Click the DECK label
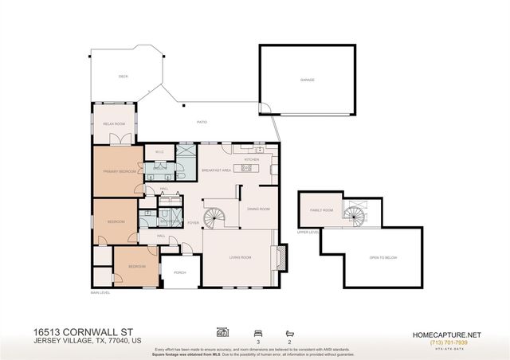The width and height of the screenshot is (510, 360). click(x=124, y=76)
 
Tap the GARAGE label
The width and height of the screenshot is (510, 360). click(x=307, y=80)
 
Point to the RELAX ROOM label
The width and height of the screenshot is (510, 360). click(x=114, y=124)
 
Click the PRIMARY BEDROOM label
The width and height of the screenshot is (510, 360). click(x=118, y=171)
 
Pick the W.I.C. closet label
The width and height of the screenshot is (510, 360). click(x=159, y=151)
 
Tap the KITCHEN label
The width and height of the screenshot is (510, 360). click(x=252, y=159)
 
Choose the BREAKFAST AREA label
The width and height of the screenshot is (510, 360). click(x=216, y=170)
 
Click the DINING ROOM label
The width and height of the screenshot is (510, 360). click(x=259, y=209)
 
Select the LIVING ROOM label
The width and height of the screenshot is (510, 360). click(x=240, y=257)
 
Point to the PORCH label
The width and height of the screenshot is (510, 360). click(x=180, y=272)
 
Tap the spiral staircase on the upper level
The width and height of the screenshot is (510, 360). click(x=354, y=212)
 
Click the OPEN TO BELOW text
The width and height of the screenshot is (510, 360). click(x=382, y=258)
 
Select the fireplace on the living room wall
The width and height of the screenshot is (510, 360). click(x=280, y=256)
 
